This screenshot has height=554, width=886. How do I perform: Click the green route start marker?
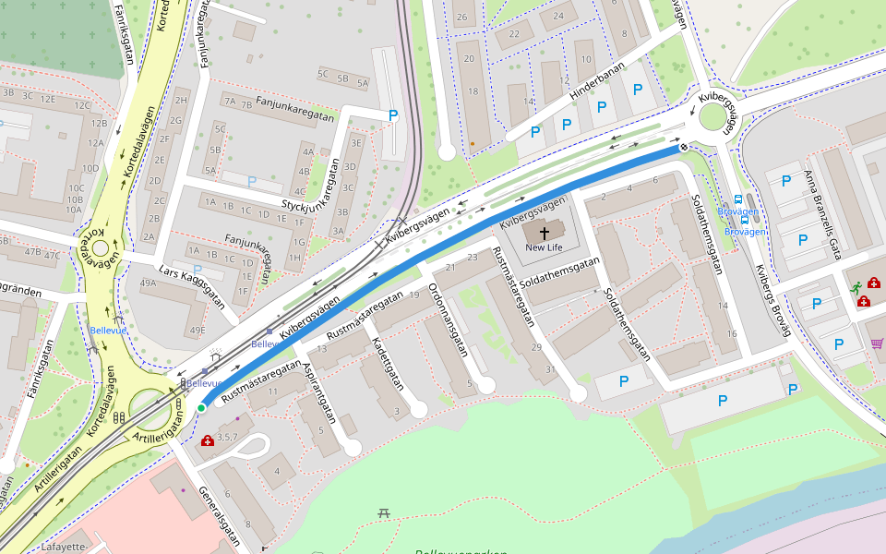point(201,407)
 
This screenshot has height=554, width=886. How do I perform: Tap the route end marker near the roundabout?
point(684,147)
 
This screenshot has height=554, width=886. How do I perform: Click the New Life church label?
point(544,247)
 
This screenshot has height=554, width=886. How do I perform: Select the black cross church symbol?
point(544,233)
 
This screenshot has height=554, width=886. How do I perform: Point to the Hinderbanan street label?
point(597,80)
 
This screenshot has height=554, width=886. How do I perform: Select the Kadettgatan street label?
point(388,366)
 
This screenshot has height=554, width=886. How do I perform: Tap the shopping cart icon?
point(876,343)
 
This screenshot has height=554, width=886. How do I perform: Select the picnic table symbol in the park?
point(384,512)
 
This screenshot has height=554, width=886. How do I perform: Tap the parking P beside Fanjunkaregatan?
point(393,115)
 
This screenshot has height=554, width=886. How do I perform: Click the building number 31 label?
point(550,369)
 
